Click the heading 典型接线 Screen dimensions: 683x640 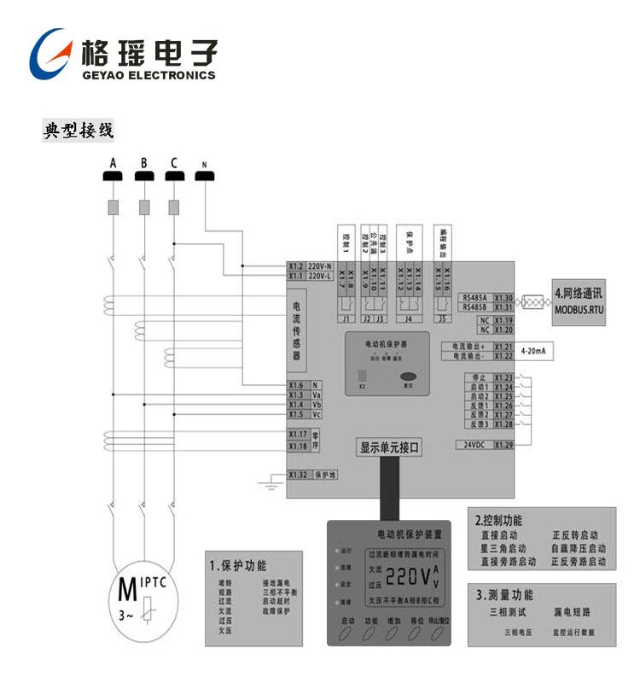click(79, 131)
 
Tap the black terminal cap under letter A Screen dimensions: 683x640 click(113, 176)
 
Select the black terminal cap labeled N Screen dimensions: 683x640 click(205, 176)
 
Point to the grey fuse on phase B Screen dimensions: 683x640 click(143, 207)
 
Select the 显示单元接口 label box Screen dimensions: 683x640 click(390, 447)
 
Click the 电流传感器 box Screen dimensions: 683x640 click(298, 331)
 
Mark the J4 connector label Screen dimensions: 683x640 click(409, 318)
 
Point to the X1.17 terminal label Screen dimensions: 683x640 click(297, 435)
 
